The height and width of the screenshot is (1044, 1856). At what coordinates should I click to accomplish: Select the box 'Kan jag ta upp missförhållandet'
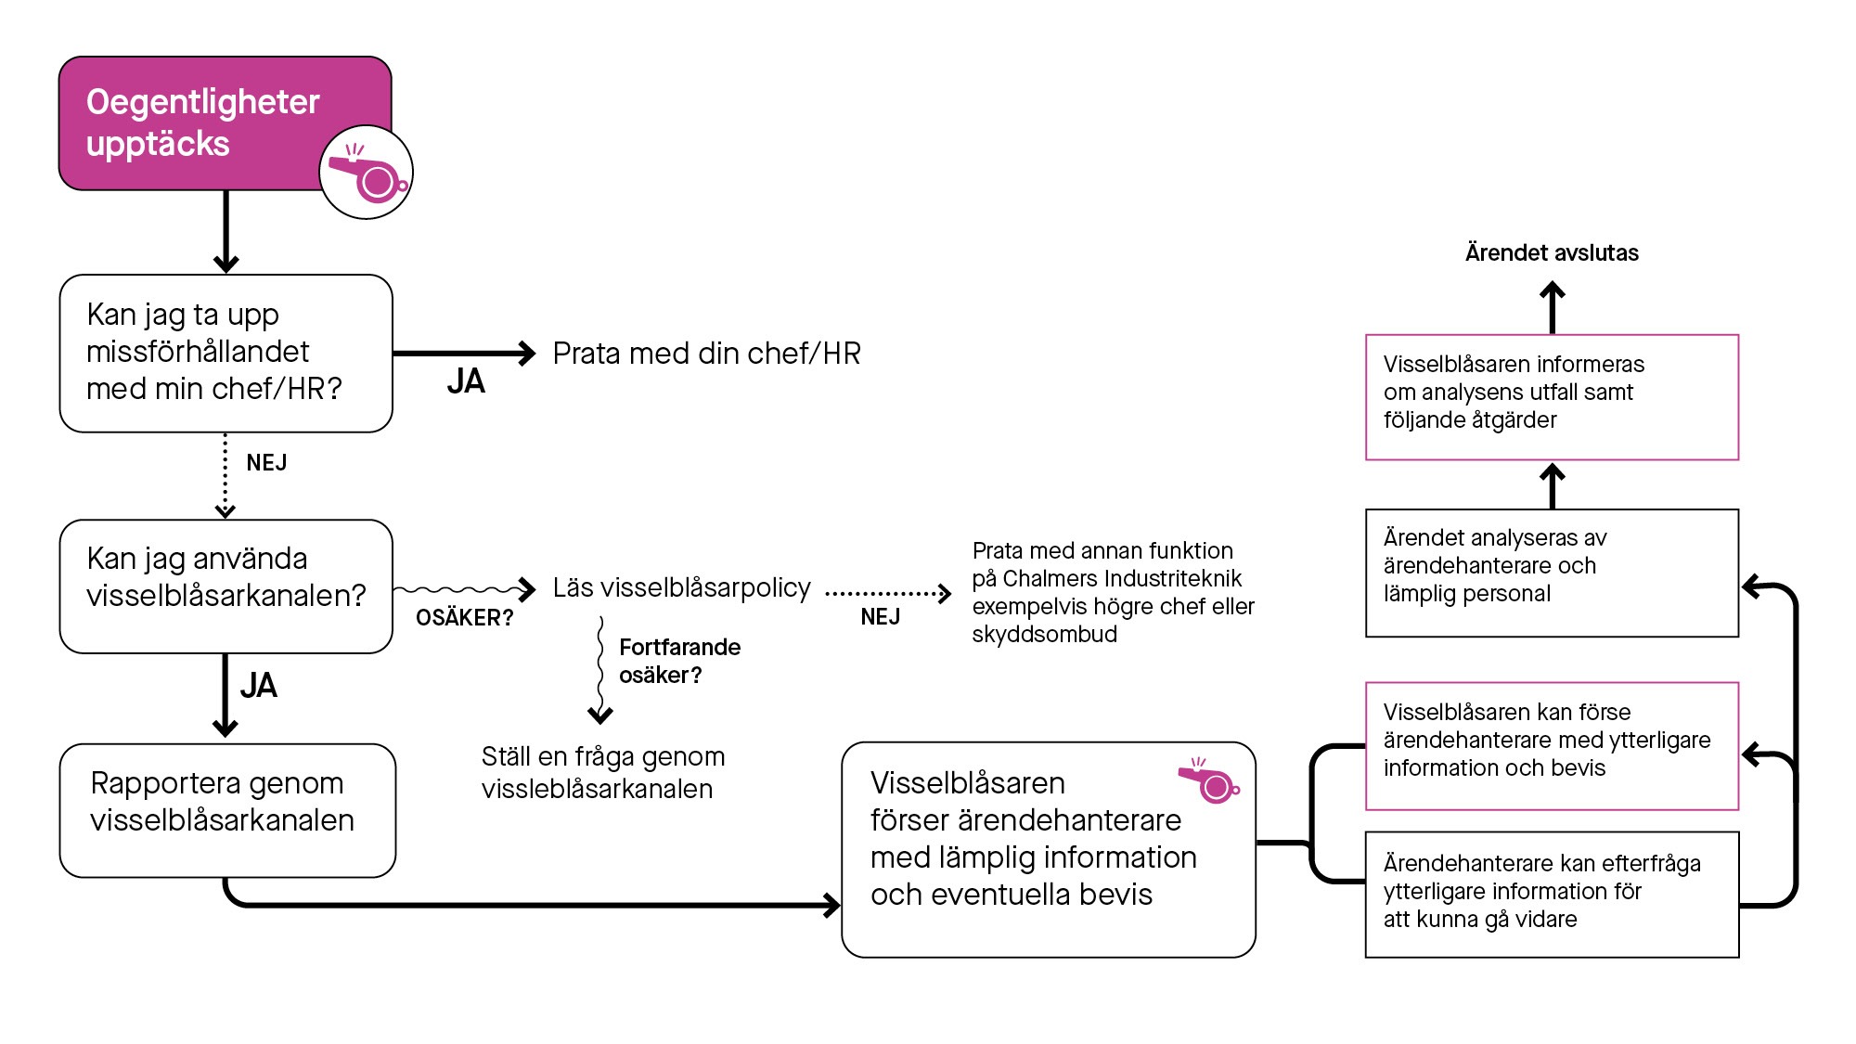(226, 353)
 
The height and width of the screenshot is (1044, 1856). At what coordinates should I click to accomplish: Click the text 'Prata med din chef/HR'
(706, 354)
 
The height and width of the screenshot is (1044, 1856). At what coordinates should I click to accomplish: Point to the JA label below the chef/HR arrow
(466, 381)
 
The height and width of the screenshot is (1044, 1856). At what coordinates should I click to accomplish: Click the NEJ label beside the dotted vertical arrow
(266, 463)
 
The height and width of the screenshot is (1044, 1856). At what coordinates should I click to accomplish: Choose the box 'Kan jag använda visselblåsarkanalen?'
(226, 586)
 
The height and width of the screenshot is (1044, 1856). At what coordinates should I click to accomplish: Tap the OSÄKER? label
(464, 618)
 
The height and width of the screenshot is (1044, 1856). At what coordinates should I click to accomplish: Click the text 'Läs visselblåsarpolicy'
(681, 588)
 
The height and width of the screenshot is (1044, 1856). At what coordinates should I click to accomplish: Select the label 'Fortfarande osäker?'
(679, 661)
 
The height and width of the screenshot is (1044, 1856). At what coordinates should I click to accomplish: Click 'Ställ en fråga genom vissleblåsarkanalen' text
(602, 772)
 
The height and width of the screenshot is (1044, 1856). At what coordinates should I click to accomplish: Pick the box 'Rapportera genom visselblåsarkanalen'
(227, 810)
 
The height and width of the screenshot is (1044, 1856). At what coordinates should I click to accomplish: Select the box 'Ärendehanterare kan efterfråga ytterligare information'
(1552, 895)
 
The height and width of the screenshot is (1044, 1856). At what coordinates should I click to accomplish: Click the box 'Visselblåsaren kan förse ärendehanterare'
(1552, 746)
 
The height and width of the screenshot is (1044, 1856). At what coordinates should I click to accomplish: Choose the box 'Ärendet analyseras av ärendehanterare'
(1552, 573)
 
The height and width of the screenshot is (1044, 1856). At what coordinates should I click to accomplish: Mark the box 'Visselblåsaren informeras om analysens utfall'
(1552, 397)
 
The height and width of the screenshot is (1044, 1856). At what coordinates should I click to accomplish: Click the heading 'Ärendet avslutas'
(1552, 252)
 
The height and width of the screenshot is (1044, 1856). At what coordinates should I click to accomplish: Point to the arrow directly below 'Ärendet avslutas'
(1553, 306)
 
